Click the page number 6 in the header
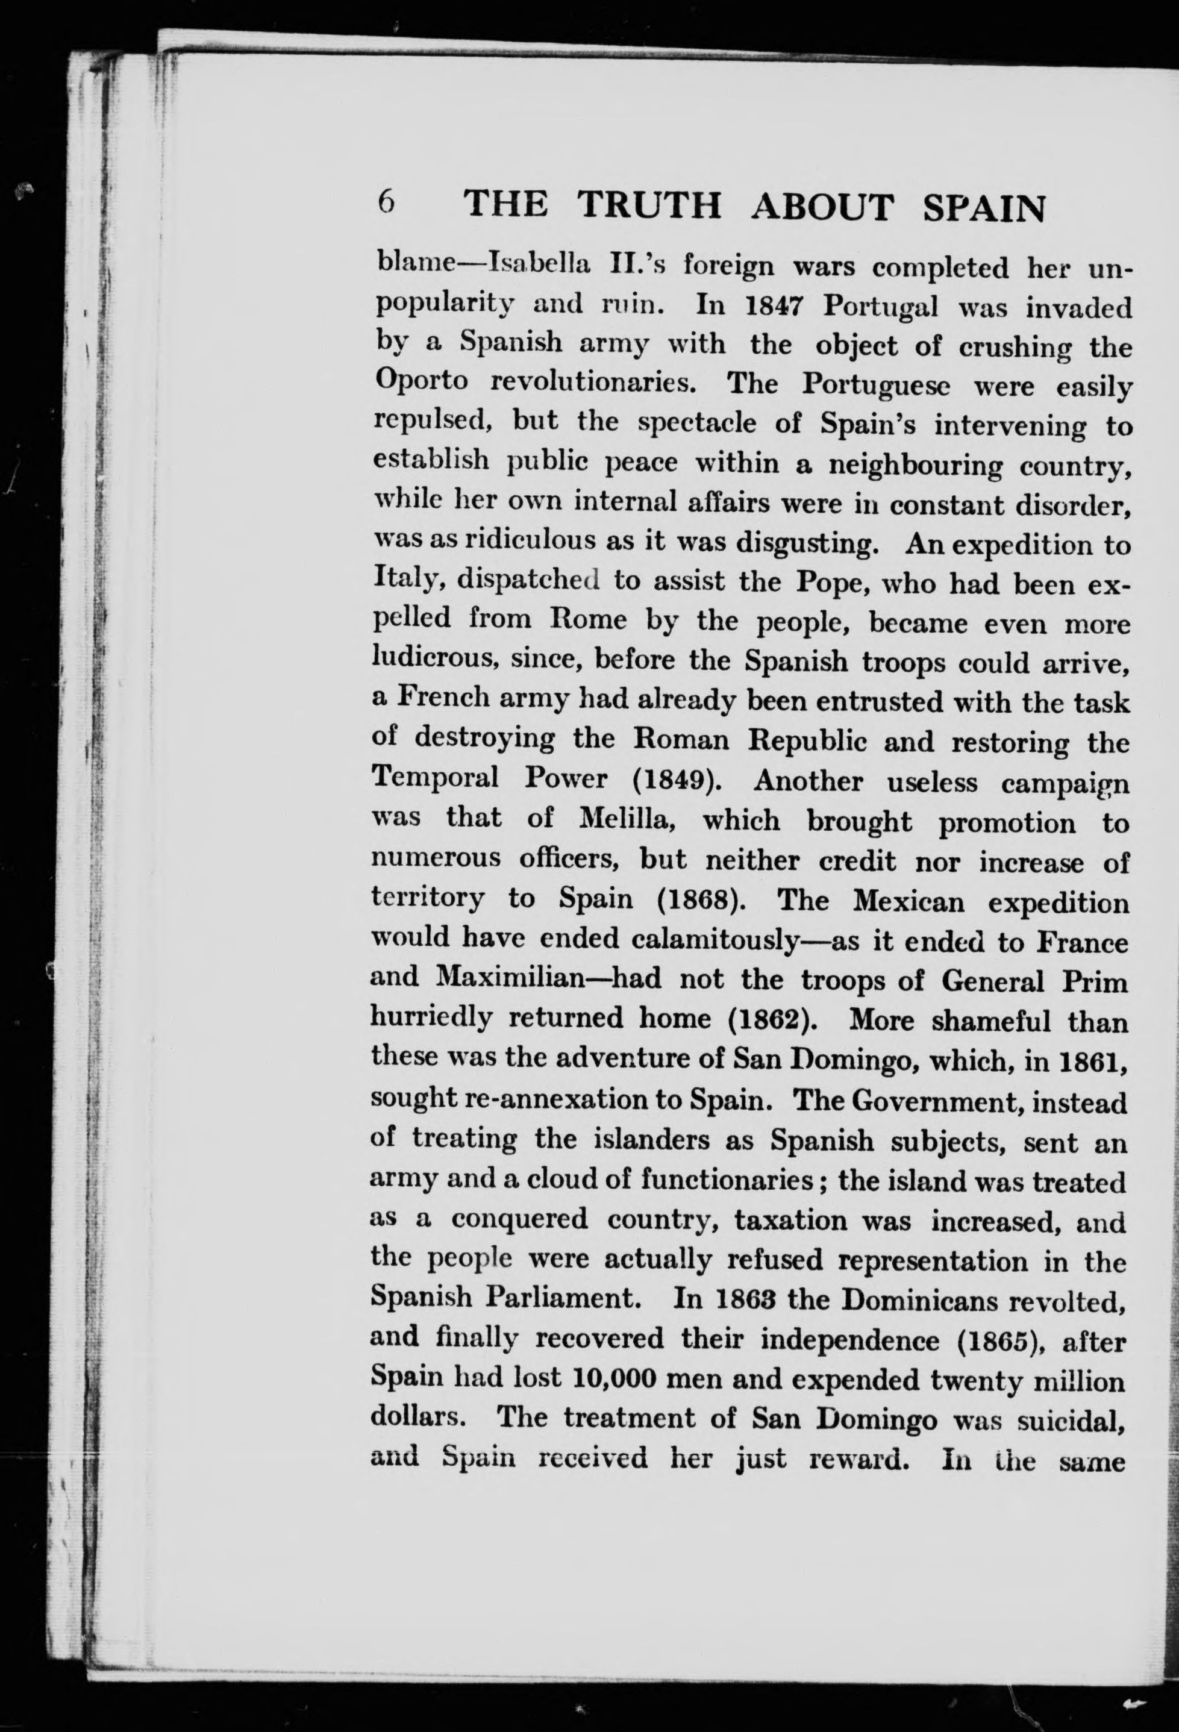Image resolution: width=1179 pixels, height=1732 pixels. [x=386, y=202]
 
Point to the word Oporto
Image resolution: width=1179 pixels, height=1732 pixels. [x=421, y=383]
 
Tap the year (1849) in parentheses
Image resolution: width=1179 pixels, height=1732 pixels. [x=677, y=780]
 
